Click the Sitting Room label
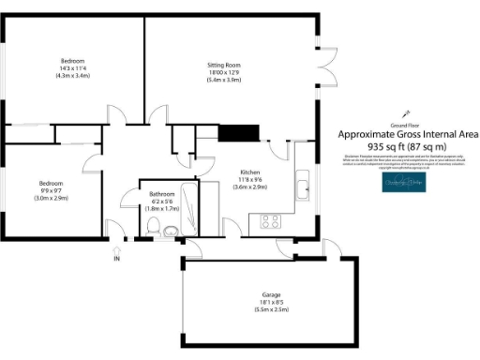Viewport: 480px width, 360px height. pos(223,65)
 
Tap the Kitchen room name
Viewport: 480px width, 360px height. pos(249,173)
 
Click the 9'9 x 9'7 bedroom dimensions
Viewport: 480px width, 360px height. pos(51,190)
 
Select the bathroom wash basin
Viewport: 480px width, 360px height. pos(172,232)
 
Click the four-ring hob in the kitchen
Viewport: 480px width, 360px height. pos(271,222)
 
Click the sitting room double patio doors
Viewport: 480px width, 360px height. pos(326,67)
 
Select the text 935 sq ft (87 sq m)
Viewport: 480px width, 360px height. pos(408,147)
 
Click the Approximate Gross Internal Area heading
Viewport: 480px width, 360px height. pos(408,135)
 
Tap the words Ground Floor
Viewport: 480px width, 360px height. pos(405,125)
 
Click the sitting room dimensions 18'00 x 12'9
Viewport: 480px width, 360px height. pos(223,72)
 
